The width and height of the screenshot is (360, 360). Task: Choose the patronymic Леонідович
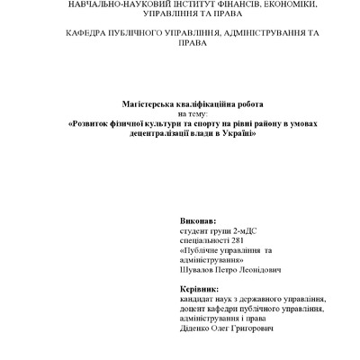259,268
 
